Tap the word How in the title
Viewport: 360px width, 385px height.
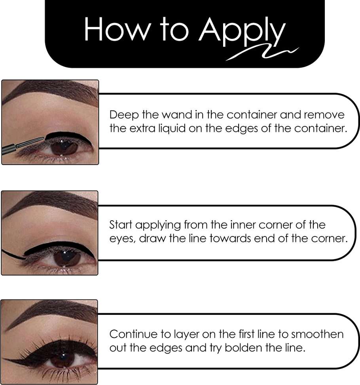coord(116,29)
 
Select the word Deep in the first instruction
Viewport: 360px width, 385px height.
coord(124,115)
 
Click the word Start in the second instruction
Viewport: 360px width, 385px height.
coord(121,225)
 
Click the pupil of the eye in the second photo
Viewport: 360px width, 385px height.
coord(66,257)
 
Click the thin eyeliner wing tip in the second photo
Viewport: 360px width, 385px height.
coord(3,250)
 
